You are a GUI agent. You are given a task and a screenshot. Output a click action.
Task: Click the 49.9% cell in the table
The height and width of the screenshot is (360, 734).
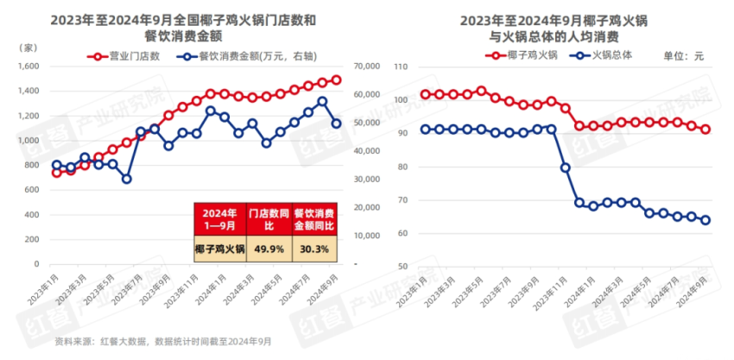268,249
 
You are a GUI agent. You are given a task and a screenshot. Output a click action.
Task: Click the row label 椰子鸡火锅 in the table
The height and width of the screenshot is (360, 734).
218,249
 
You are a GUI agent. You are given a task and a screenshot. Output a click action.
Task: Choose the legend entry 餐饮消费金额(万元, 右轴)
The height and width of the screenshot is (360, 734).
247,56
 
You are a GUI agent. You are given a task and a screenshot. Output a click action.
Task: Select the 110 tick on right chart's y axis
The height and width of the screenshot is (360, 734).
400,66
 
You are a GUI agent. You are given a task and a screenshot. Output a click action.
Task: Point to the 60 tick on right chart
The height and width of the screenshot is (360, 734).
402,233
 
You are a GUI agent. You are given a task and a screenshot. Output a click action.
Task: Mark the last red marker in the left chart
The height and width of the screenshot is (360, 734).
336,80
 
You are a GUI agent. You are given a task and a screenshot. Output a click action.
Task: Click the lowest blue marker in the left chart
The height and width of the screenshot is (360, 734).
126,179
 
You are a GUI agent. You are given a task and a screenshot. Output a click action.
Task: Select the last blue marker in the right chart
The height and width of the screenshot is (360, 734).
706,220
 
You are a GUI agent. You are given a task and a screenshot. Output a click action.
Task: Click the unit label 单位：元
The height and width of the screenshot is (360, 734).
684,56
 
